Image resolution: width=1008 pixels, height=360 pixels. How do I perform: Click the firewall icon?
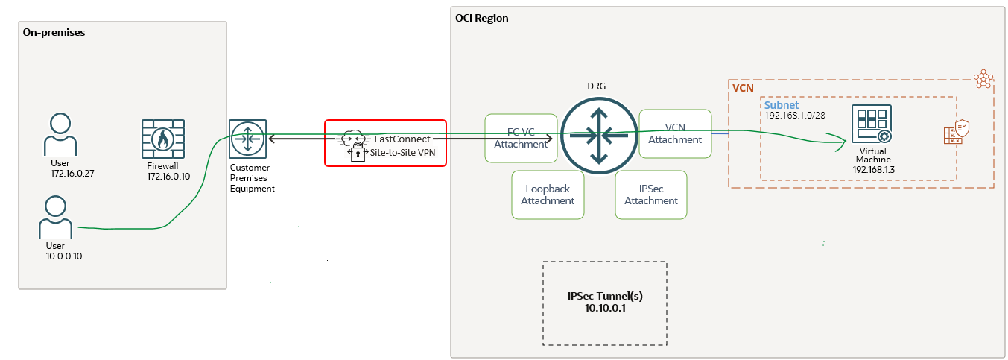point(163,139)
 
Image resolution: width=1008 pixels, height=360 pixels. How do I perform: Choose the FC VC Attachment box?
point(521,138)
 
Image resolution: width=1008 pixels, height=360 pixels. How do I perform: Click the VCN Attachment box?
point(674,133)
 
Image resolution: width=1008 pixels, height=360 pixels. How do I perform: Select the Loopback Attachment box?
point(548,195)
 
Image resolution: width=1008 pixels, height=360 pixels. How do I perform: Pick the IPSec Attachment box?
point(651,195)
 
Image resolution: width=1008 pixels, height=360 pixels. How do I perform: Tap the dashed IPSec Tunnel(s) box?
point(604,303)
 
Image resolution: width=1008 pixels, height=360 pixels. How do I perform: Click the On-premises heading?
point(54,33)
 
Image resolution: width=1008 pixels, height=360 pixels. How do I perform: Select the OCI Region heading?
point(481,18)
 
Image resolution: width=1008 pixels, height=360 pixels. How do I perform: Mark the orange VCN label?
point(743,88)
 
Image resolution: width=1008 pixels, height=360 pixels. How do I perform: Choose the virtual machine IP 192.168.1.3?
point(874,170)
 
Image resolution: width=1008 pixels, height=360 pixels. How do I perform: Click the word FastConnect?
point(402,139)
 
